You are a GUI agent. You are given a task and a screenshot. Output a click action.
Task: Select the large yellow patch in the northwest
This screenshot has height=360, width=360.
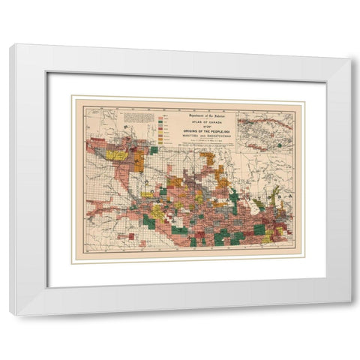click(116, 155)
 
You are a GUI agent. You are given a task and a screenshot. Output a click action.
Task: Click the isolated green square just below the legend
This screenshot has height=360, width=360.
click(153, 150)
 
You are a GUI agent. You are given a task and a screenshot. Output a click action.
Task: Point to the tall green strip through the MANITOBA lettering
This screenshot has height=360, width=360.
click(234, 201)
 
